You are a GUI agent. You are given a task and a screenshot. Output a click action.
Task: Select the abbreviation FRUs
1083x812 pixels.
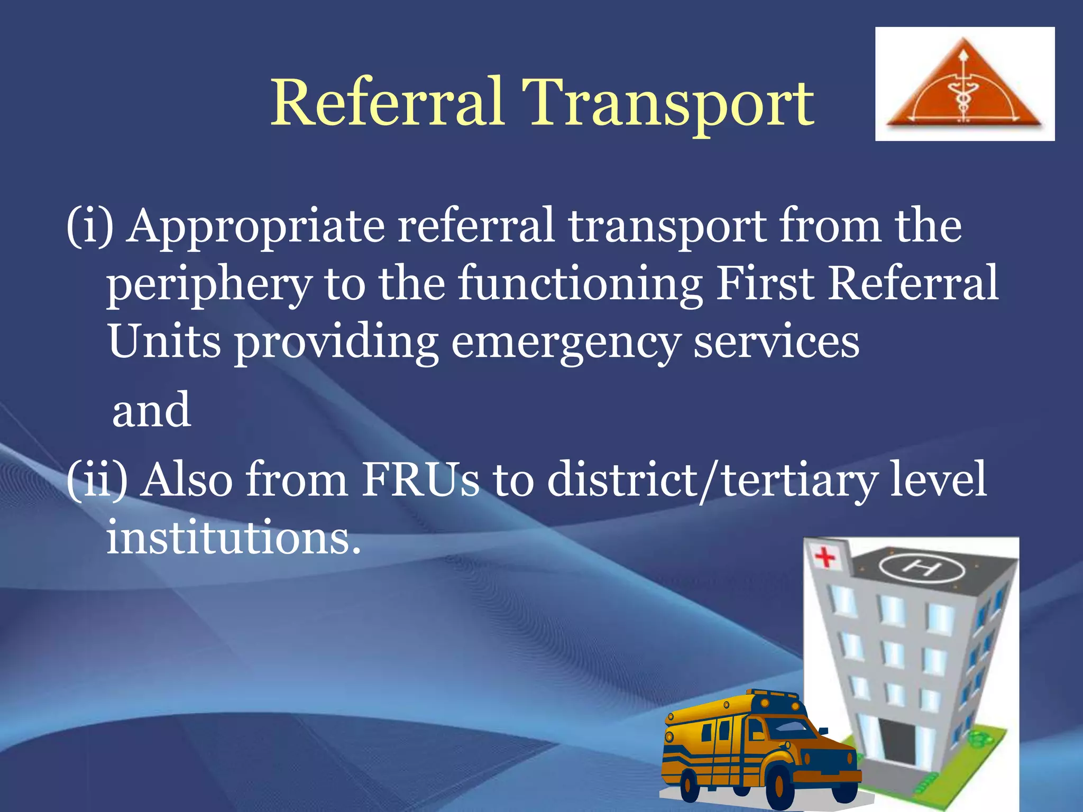coord(420,479)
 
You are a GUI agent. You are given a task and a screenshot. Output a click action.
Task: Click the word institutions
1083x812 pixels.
coord(233,537)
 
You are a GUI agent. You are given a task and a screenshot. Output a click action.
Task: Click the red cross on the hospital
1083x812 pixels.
coord(824,557)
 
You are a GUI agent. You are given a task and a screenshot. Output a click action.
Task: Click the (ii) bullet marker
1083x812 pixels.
coord(97,479)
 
